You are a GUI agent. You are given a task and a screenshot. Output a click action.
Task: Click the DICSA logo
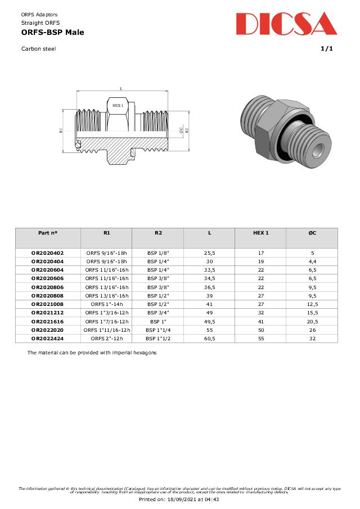(x=286, y=24)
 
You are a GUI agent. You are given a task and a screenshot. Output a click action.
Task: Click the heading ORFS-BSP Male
(x=52, y=33)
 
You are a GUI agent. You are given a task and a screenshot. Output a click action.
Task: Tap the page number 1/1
(x=327, y=48)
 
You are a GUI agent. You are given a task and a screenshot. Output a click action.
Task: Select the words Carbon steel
(x=38, y=48)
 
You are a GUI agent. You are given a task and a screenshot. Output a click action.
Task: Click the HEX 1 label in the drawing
(x=118, y=105)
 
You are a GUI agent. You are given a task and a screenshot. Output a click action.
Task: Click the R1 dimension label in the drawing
(x=61, y=130)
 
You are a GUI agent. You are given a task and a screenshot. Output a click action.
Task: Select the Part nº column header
(x=48, y=232)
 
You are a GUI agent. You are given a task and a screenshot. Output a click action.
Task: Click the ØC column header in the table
(x=312, y=232)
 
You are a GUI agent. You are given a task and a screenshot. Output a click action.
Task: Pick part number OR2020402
(x=48, y=254)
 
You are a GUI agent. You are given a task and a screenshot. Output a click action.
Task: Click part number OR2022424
(x=48, y=338)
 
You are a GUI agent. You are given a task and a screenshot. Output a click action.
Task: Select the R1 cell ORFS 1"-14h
(x=107, y=304)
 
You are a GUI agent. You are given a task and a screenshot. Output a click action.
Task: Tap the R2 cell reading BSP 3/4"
(x=158, y=313)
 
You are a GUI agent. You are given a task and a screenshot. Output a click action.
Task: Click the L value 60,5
(x=209, y=338)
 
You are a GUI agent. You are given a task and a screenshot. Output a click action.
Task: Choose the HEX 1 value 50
(x=260, y=330)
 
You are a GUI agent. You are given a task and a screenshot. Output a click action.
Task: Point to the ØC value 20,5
(x=312, y=321)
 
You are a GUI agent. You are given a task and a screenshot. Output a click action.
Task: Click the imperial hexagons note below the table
(x=92, y=353)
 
